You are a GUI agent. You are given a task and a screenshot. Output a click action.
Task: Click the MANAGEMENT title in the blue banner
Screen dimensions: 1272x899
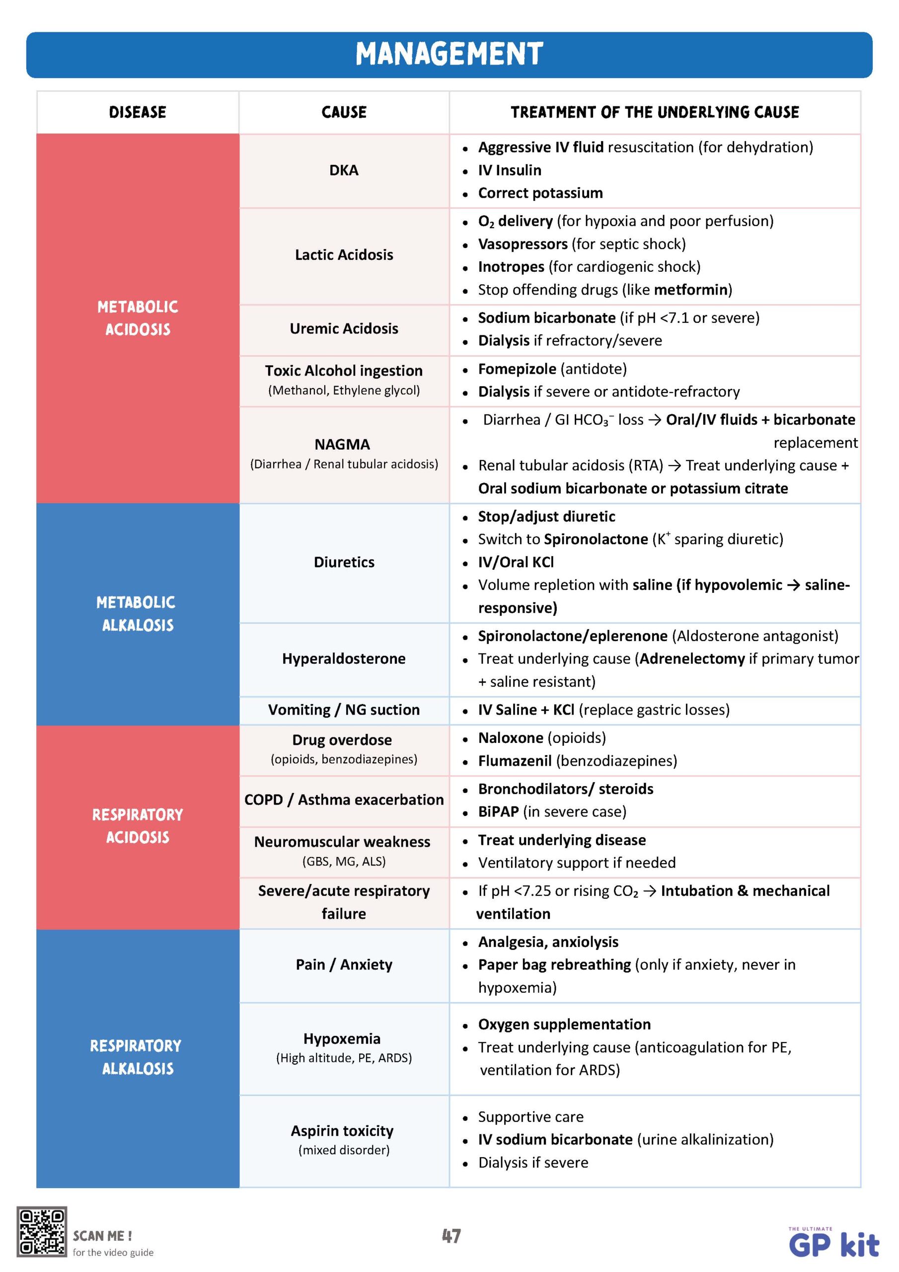(x=449, y=54)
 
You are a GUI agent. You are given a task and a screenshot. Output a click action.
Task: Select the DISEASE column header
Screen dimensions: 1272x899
(x=138, y=112)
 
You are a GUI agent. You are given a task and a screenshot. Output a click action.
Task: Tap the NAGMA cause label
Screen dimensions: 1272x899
(x=342, y=444)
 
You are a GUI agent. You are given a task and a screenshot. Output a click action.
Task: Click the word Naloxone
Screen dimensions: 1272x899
(x=510, y=738)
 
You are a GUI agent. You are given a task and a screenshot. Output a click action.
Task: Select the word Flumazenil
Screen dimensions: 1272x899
(x=515, y=761)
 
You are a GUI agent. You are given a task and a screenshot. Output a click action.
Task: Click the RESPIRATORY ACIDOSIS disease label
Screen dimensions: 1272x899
(x=138, y=825)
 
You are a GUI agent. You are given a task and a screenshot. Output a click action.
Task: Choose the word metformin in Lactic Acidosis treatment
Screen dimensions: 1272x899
(x=691, y=290)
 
